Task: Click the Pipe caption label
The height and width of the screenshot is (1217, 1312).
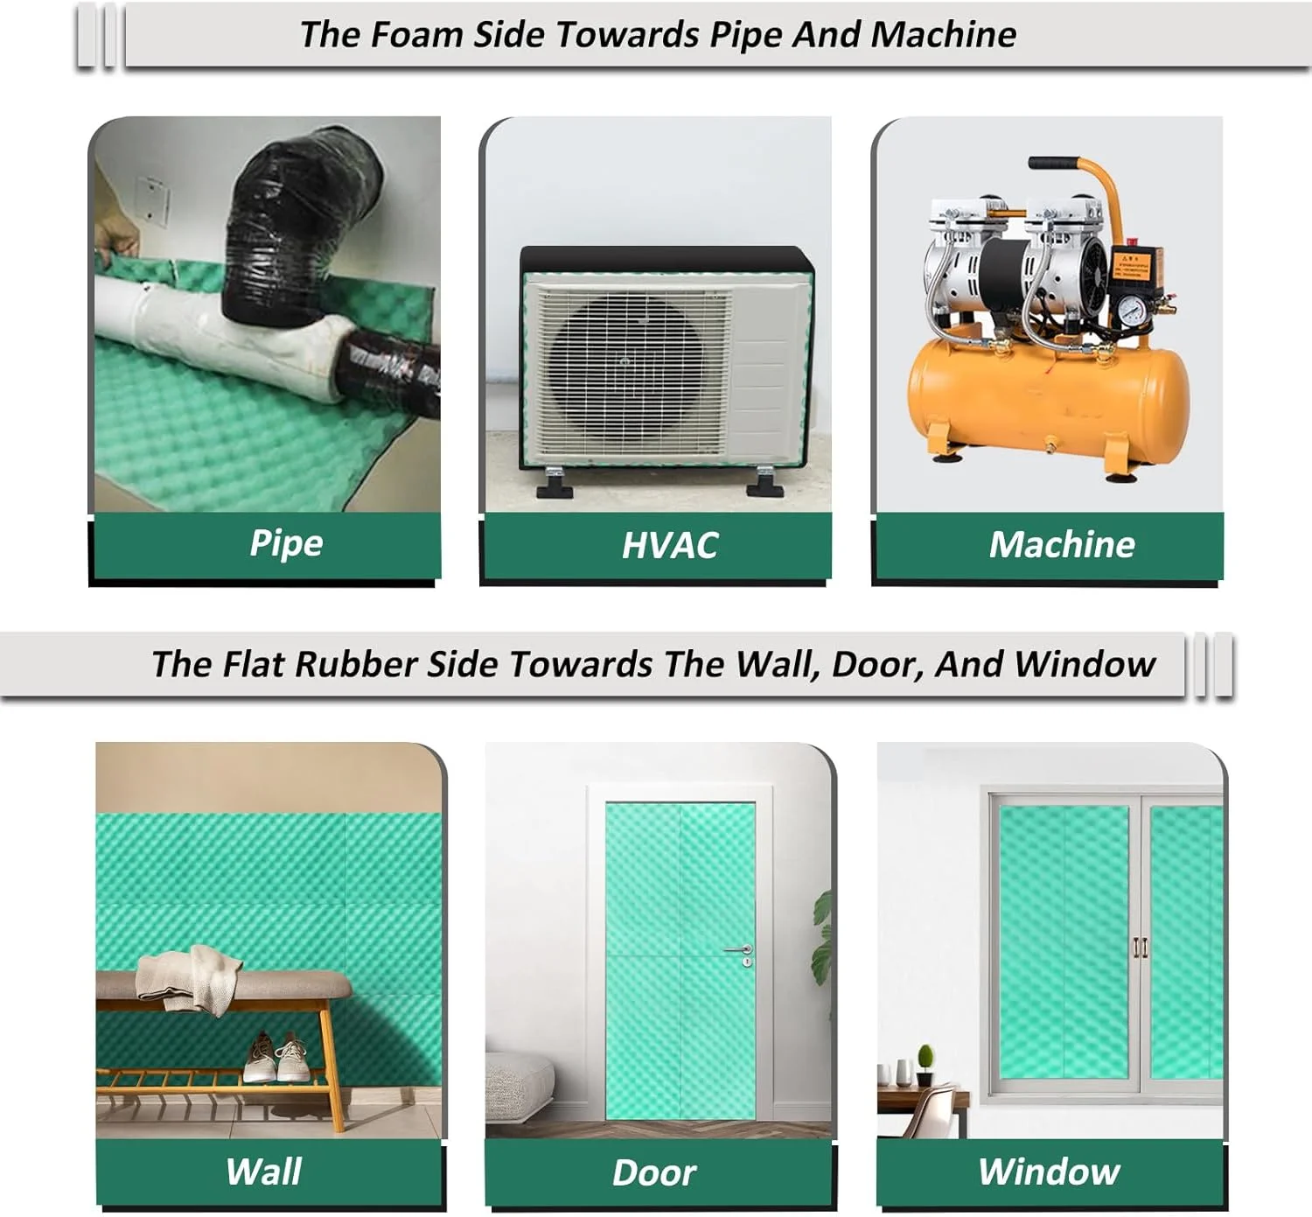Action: (286, 544)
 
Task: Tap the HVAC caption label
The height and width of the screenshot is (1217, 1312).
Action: (669, 546)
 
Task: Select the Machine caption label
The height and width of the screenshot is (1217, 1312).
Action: (1062, 545)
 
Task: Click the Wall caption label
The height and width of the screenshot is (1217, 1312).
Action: (263, 1172)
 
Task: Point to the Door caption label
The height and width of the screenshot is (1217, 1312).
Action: (654, 1173)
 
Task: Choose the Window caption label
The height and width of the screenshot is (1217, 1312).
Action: (1049, 1172)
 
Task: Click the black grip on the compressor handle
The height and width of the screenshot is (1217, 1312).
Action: (1054, 163)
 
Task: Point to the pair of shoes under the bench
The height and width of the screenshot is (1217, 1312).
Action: (276, 1056)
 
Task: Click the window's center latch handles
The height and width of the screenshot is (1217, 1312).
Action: (1141, 948)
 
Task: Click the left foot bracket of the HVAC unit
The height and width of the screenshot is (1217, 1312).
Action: (555, 483)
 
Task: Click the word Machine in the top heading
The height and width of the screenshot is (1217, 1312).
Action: (943, 34)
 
